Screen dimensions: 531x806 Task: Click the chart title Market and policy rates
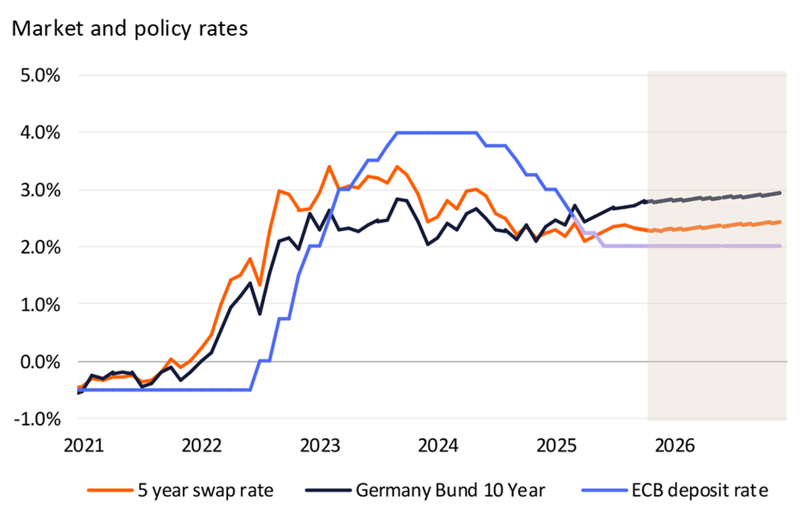130,29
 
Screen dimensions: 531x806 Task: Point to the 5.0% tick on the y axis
40,75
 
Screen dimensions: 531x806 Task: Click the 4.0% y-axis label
40,133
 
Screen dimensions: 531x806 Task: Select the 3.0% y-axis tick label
40,190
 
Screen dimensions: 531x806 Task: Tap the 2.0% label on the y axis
40,247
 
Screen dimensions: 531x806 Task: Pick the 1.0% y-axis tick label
40,305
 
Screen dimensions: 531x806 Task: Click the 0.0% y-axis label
40,362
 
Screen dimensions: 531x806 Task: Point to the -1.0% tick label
37,419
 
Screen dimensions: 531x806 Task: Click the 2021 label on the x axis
84,446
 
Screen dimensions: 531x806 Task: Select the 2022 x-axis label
202,446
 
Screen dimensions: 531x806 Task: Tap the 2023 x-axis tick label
320,446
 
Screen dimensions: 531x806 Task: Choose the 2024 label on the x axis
438,446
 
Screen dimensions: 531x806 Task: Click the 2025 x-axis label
556,446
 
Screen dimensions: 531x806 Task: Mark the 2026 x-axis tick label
675,446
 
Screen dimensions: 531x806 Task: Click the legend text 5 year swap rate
205,490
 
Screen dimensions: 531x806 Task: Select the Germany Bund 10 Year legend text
450,490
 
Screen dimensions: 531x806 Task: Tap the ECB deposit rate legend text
700,490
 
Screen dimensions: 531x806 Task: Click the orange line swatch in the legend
110,490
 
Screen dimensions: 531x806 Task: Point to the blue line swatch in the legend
604,490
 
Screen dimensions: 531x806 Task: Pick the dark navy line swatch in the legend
328,490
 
